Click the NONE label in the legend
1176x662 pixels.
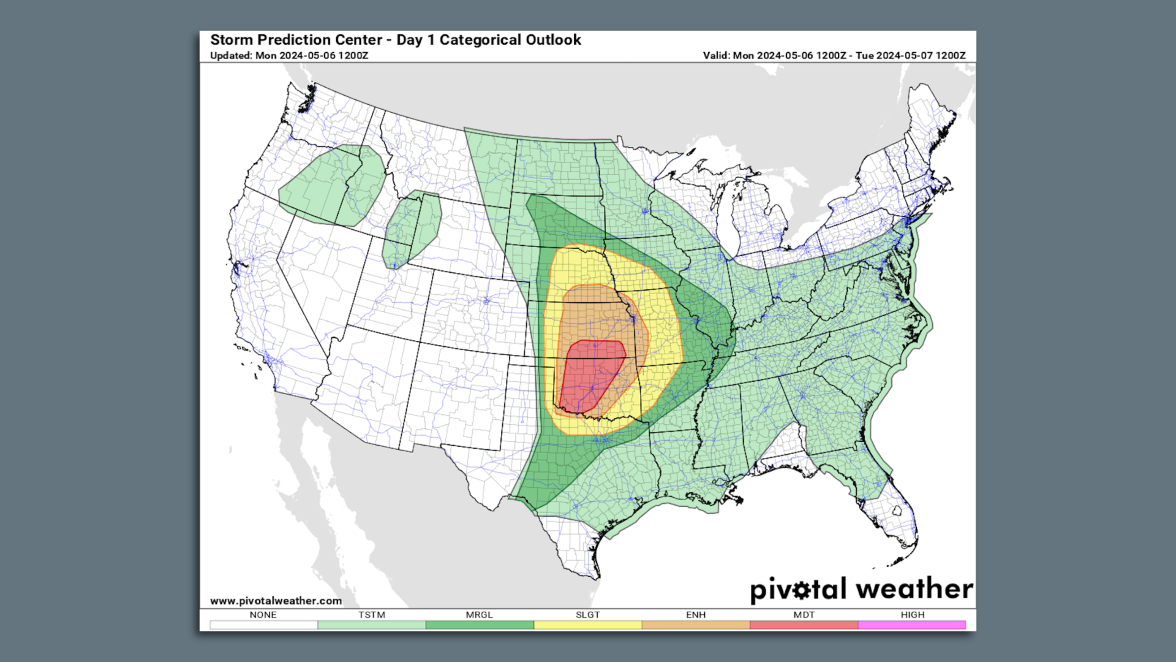pyautogui.click(x=263, y=615)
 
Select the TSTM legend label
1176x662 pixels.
pyautogui.click(x=372, y=615)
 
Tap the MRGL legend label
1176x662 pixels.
pyautogui.click(x=479, y=615)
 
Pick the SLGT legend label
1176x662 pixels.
pyautogui.click(x=587, y=615)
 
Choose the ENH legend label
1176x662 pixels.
pyautogui.click(x=696, y=615)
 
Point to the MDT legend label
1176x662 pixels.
pyautogui.click(x=804, y=615)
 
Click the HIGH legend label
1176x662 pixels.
pyautogui.click(x=913, y=615)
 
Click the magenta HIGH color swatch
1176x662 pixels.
pyautogui.click(x=912, y=625)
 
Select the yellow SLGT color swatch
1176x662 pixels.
pyautogui.click(x=587, y=625)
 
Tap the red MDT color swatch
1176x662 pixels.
pyautogui.click(x=804, y=625)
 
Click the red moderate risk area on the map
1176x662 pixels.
pyautogui.click(x=589, y=374)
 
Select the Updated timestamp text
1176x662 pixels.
pyautogui.click(x=289, y=56)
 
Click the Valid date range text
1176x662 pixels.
pyautogui.click(x=834, y=56)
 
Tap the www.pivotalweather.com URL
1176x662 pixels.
pyautogui.click(x=276, y=601)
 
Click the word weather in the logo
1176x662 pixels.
pyautogui.click(x=914, y=589)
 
